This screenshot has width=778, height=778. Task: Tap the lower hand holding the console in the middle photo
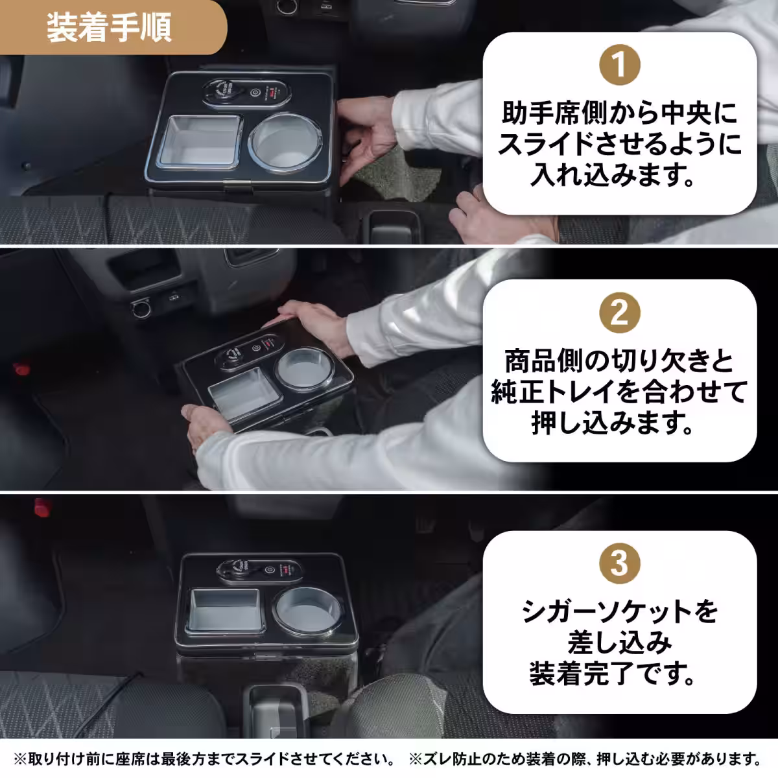coord(207,425)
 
